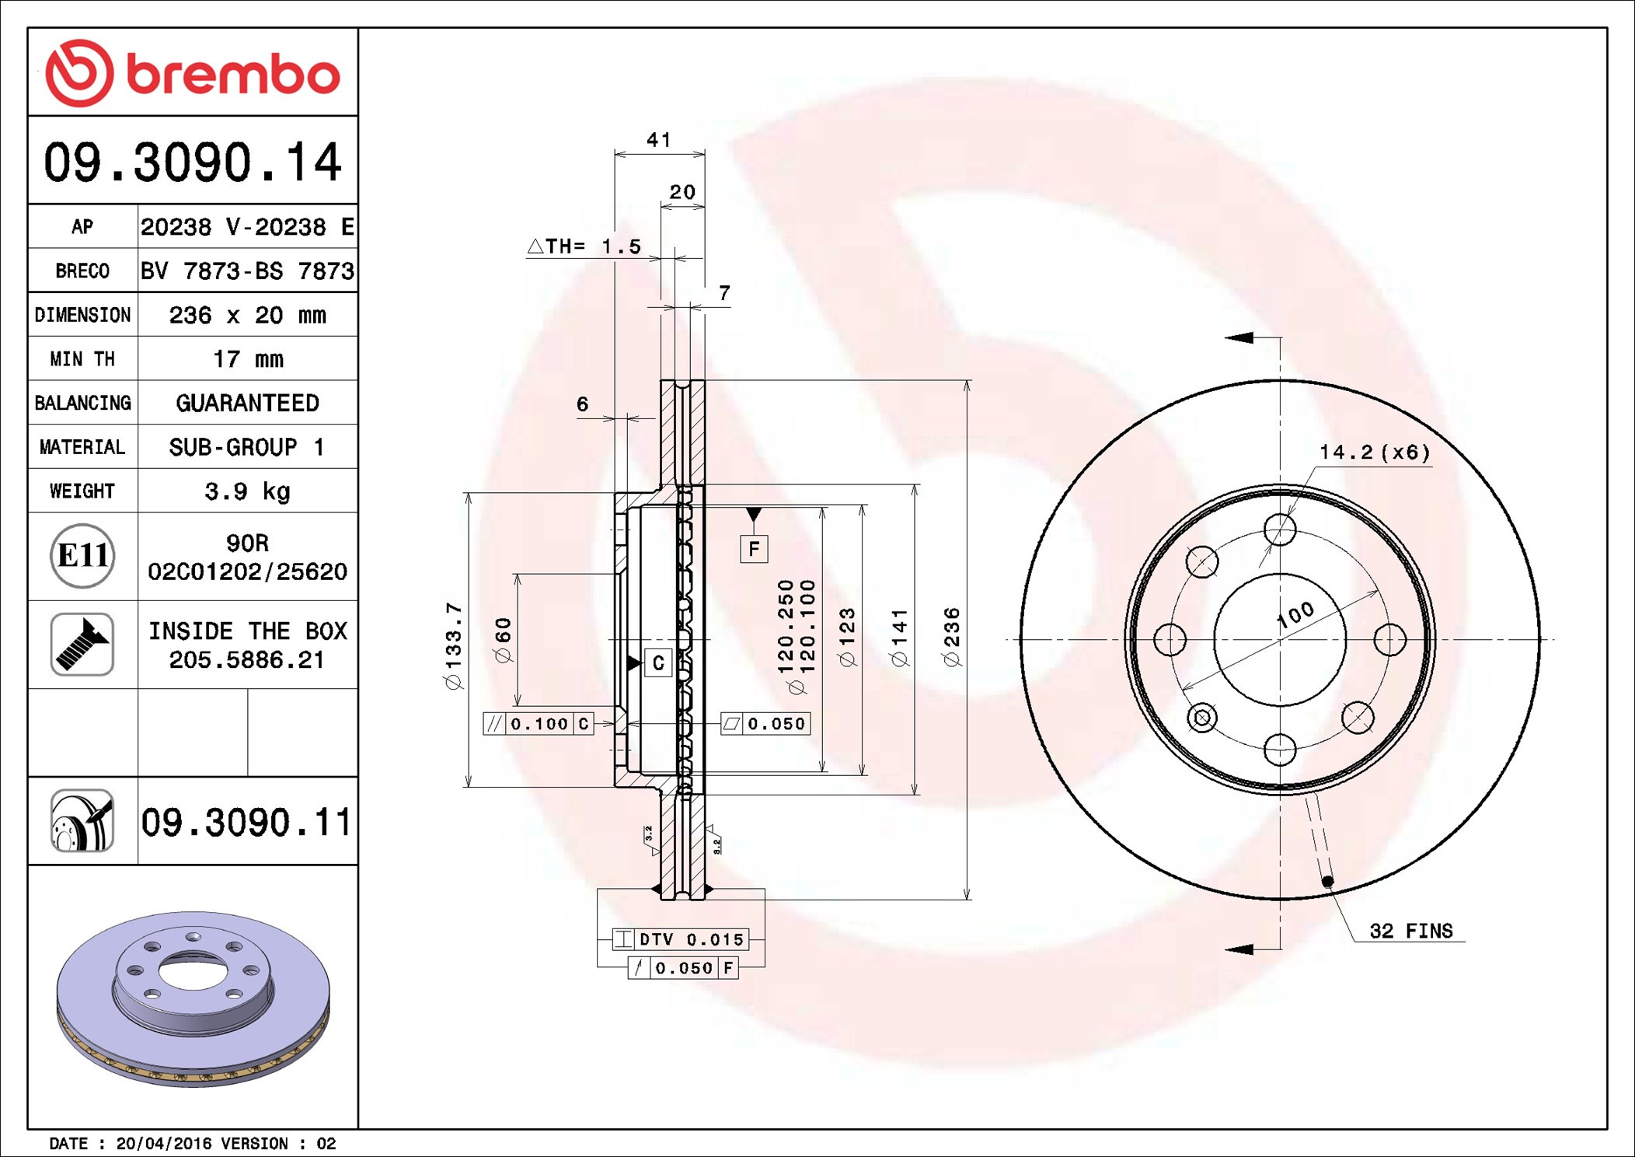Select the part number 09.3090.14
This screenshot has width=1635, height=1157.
(x=193, y=163)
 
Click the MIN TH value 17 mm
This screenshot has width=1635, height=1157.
(x=248, y=359)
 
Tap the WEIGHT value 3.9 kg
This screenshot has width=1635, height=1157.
(x=248, y=491)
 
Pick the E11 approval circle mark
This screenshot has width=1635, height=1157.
(x=82, y=556)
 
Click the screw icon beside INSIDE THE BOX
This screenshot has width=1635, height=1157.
(x=82, y=645)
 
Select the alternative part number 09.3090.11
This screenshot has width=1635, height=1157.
(x=246, y=822)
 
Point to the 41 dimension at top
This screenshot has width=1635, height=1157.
(x=658, y=140)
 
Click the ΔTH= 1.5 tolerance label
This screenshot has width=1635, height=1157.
(x=584, y=246)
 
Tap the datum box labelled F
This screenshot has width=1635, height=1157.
(x=754, y=550)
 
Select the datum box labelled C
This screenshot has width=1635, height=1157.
(x=658, y=663)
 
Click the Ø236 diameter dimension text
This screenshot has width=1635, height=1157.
(x=952, y=638)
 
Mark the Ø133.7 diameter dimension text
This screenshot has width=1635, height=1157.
(x=454, y=645)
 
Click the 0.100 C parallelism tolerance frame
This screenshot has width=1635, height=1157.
(x=539, y=724)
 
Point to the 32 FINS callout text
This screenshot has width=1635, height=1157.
(x=1410, y=931)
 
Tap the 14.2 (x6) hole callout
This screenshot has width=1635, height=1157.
(x=1374, y=453)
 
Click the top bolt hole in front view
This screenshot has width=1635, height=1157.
(x=1280, y=530)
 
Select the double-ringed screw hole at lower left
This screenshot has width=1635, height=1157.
(x=1202, y=717)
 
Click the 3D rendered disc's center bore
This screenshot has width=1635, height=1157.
(x=193, y=971)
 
